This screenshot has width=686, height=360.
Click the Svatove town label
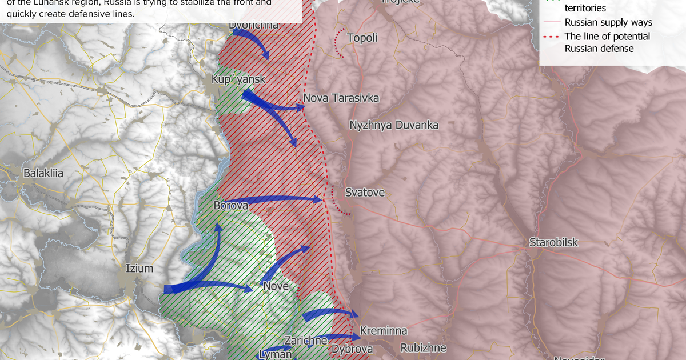click(x=365, y=193)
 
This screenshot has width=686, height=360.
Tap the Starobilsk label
click(x=553, y=242)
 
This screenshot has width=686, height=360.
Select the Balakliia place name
click(x=43, y=173)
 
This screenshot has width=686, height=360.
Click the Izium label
click(x=140, y=267)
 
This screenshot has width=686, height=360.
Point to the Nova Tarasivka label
click(x=341, y=98)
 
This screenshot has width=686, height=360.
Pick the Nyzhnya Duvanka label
click(x=394, y=125)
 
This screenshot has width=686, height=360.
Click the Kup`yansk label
click(x=238, y=79)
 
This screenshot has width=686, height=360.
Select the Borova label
click(x=230, y=205)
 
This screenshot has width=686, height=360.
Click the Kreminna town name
click(x=384, y=331)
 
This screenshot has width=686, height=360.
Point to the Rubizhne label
click(x=423, y=347)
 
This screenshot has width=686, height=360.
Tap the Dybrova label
click(x=352, y=349)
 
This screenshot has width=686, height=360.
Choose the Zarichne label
click(x=306, y=341)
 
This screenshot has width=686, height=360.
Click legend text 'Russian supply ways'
click(x=608, y=23)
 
